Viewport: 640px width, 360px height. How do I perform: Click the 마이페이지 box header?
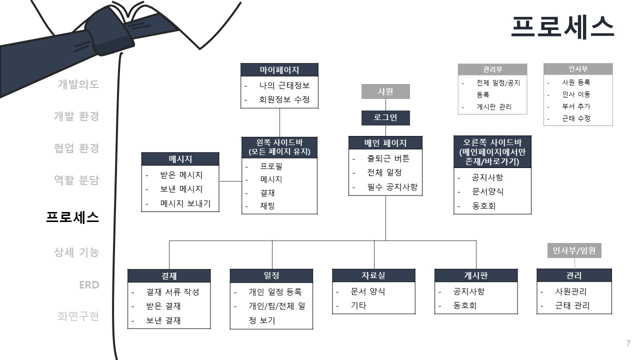(279, 69)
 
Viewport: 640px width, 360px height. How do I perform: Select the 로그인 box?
(385, 118)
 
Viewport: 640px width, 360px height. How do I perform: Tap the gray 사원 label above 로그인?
(385, 91)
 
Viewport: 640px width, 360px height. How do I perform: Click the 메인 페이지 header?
(385, 143)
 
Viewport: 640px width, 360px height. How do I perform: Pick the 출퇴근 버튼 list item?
(388, 158)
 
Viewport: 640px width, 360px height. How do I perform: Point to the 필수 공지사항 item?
(392, 187)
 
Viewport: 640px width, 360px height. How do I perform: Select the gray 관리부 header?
(492, 69)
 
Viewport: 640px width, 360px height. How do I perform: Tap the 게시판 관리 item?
(494, 107)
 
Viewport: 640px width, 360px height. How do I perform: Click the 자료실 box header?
(373, 275)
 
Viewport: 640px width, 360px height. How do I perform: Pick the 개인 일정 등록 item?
(275, 292)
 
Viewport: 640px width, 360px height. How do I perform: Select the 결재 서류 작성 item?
(172, 292)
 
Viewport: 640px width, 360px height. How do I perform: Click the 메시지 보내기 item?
(185, 203)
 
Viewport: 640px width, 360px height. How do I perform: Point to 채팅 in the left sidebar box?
(267, 206)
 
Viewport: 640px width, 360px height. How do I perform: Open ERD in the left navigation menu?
(89, 285)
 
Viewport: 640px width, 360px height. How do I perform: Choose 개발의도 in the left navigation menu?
(78, 84)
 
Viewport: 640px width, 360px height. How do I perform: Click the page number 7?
(628, 343)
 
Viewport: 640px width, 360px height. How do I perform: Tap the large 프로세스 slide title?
(562, 27)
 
